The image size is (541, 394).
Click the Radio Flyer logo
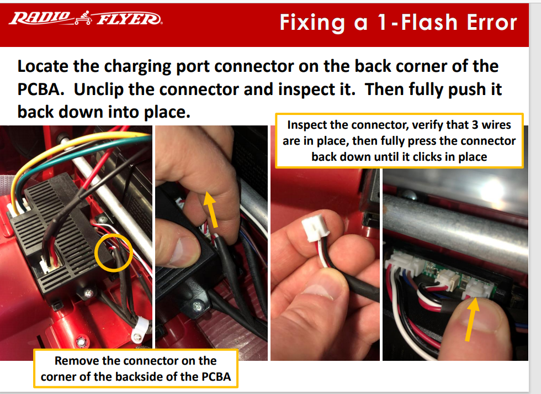pos(86,18)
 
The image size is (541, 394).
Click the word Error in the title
pos(492,23)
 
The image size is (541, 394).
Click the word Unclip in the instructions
pos(99,90)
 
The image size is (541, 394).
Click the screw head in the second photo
pos(198,306)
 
